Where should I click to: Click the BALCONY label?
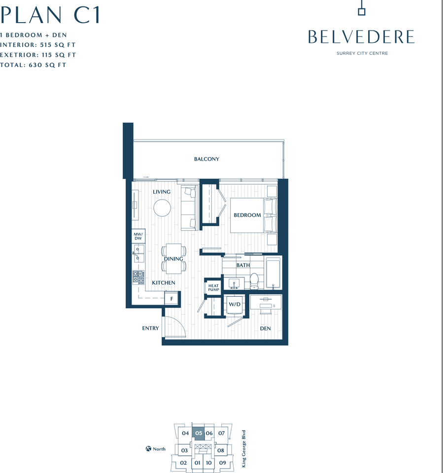click(x=206, y=159)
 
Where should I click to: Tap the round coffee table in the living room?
click(x=162, y=208)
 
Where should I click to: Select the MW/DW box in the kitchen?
click(x=138, y=236)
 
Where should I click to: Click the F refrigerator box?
click(x=171, y=299)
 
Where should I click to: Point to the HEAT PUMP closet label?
click(x=213, y=288)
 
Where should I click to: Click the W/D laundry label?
click(x=234, y=305)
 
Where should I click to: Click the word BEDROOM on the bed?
click(x=247, y=215)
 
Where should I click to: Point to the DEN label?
click(x=265, y=329)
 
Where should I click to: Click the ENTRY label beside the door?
click(x=150, y=328)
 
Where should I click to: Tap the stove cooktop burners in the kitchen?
click(x=138, y=278)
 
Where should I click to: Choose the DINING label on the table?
click(x=173, y=259)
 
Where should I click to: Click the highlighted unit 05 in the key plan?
click(x=199, y=434)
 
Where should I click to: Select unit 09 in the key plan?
click(x=223, y=463)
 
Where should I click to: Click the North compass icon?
click(x=148, y=449)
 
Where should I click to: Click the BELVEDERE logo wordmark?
click(x=361, y=37)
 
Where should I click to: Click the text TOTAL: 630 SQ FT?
click(x=33, y=65)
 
